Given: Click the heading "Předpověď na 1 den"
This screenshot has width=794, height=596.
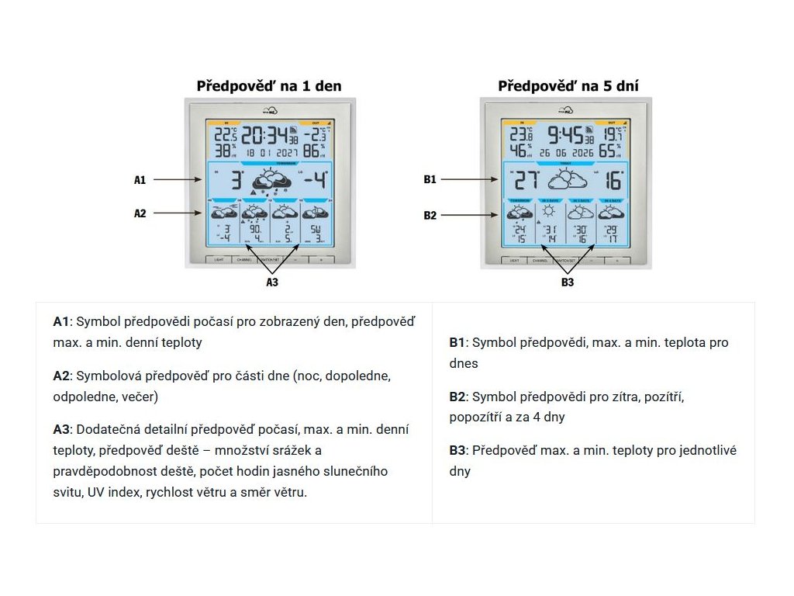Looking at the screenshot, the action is point(269,86).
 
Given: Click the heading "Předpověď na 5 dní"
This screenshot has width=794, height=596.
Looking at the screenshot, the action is point(568,86).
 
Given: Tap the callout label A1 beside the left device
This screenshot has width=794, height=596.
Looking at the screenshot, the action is point(140,180).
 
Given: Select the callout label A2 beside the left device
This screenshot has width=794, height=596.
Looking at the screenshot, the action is point(140,213).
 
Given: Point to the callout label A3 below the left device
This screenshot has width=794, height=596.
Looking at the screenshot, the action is point(272,282).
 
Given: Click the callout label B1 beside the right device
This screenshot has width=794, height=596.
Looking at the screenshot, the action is point(430,180).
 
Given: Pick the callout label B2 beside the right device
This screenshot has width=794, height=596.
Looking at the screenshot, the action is point(430,216).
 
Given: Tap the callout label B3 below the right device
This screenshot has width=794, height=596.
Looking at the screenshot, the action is point(568,282).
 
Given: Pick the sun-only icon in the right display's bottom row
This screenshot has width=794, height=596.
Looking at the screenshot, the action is point(550,211).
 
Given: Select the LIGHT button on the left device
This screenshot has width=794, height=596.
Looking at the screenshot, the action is point(219,260).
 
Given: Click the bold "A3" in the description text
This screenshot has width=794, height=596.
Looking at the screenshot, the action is point(61,430).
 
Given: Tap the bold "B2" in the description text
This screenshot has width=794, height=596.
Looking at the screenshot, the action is point(457,397).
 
